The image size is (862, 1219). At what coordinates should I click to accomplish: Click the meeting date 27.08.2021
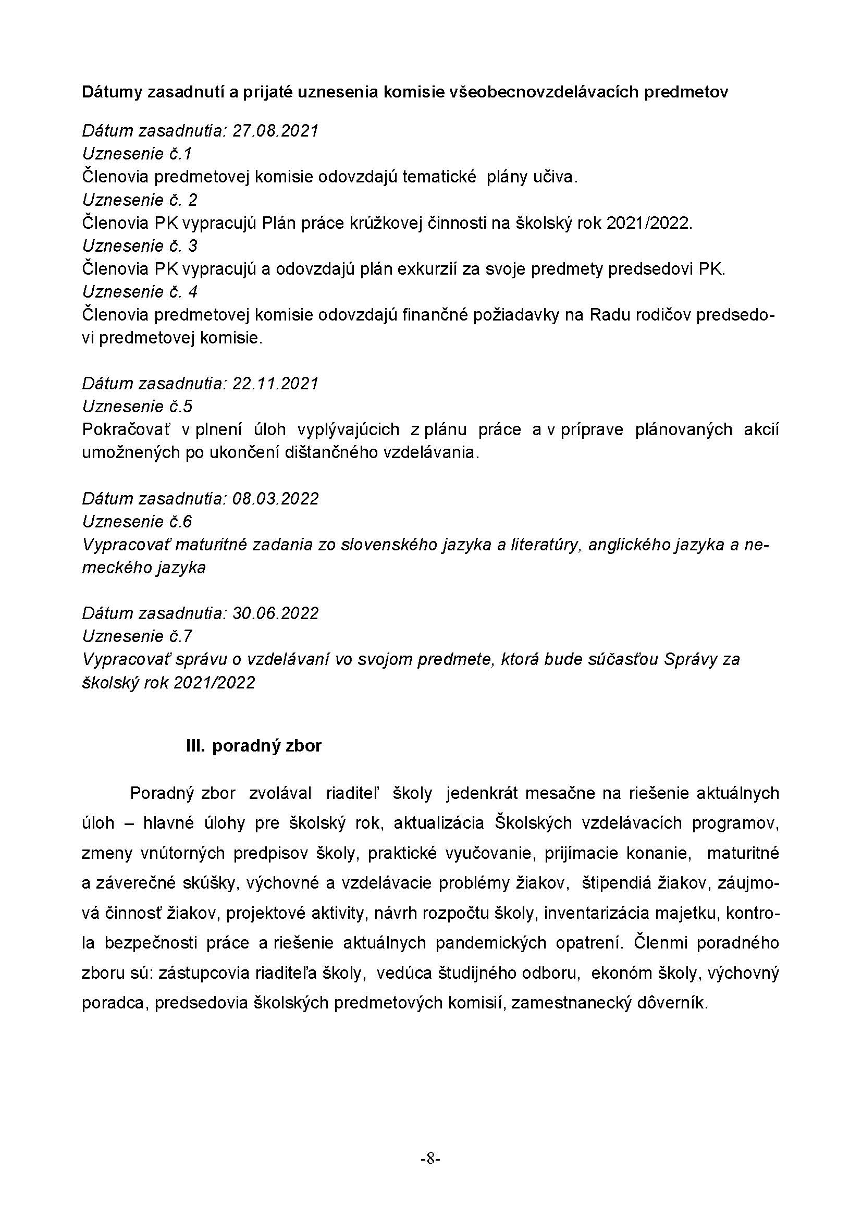pos(275,131)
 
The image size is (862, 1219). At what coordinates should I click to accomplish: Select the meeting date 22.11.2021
pos(275,384)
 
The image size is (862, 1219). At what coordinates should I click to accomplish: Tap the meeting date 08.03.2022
pos(275,499)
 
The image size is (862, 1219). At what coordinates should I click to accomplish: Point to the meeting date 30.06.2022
pos(275,613)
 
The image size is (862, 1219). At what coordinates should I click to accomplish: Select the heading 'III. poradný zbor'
pos(254,746)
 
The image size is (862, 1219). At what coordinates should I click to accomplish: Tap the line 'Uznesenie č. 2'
pos(140,200)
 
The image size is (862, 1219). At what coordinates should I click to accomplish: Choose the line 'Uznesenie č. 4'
pos(140,292)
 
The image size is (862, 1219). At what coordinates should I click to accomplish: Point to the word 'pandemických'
pos(491,943)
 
